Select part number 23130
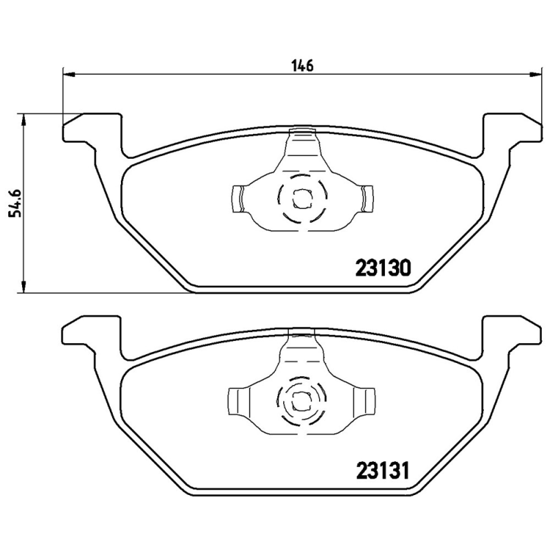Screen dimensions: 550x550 383,267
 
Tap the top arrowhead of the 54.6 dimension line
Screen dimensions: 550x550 25,119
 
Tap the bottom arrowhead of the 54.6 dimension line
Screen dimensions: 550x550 25,287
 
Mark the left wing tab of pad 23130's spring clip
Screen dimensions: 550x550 237,199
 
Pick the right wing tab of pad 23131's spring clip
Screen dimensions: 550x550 366,401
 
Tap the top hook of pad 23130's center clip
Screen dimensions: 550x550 302,131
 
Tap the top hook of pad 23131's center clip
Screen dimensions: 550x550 302,334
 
